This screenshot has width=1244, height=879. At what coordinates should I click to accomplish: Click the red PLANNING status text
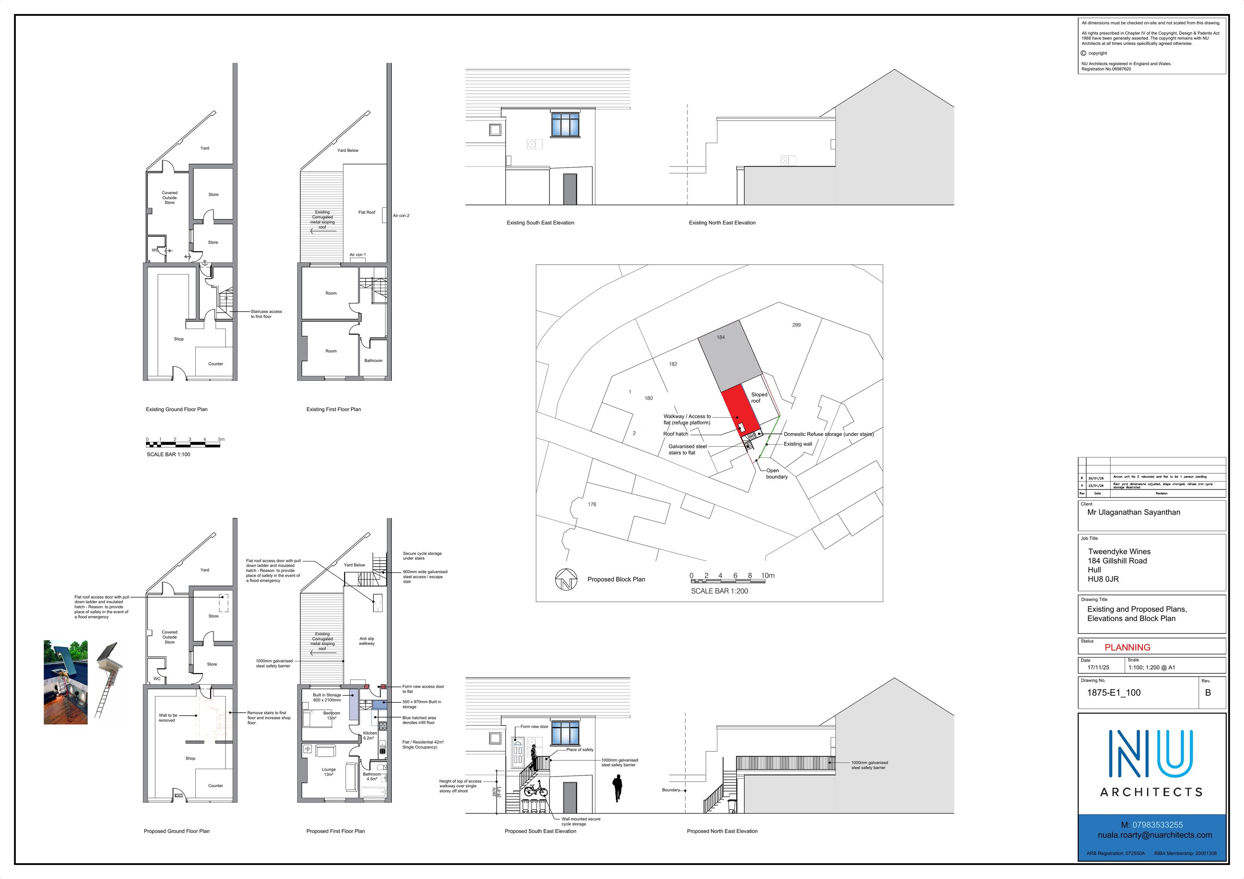coord(1127,647)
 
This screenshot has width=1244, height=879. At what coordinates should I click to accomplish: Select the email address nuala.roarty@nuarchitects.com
coord(1154,835)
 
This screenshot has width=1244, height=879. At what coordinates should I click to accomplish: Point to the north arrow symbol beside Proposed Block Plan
coord(566,580)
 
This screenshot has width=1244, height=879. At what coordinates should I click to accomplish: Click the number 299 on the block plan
coord(796,325)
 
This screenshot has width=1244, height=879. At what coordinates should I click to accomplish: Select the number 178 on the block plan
coord(592,504)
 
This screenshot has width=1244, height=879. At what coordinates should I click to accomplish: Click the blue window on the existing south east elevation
coord(565,124)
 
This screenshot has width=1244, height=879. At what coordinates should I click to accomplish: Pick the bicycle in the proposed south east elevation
coord(535,789)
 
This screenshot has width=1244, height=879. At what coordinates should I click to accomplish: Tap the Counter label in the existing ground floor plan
coord(216,364)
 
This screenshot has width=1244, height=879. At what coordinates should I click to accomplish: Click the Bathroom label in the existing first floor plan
coord(373,360)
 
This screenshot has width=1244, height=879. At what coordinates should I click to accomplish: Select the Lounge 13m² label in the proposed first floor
coord(328,772)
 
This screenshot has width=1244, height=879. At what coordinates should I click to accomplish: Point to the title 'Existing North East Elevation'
coord(722,223)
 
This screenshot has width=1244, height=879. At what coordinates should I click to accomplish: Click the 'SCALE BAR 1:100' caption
coord(168,454)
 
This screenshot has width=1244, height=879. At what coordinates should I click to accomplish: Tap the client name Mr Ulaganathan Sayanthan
coord(1133,512)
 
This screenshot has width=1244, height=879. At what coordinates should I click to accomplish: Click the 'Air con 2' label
coord(401,216)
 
